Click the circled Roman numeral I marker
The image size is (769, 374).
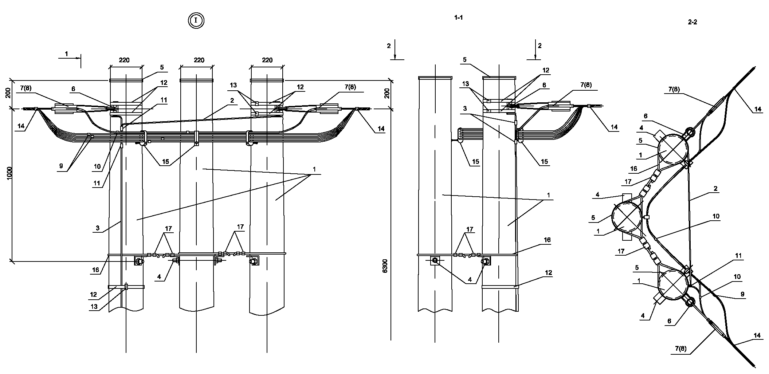196,20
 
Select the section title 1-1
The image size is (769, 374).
458,17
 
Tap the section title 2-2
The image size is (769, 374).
692,22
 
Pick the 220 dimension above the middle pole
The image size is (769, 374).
199,60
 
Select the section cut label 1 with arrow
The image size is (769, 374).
67,54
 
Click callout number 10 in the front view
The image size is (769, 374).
97,166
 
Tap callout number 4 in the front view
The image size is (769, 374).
159,277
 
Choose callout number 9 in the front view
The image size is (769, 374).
61,166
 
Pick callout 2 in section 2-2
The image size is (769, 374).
716,189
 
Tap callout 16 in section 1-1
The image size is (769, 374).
547,240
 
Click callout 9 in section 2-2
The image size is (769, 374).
742,294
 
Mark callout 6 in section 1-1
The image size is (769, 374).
544,85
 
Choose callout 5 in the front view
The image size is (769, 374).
162,67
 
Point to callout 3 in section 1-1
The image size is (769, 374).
465,109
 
